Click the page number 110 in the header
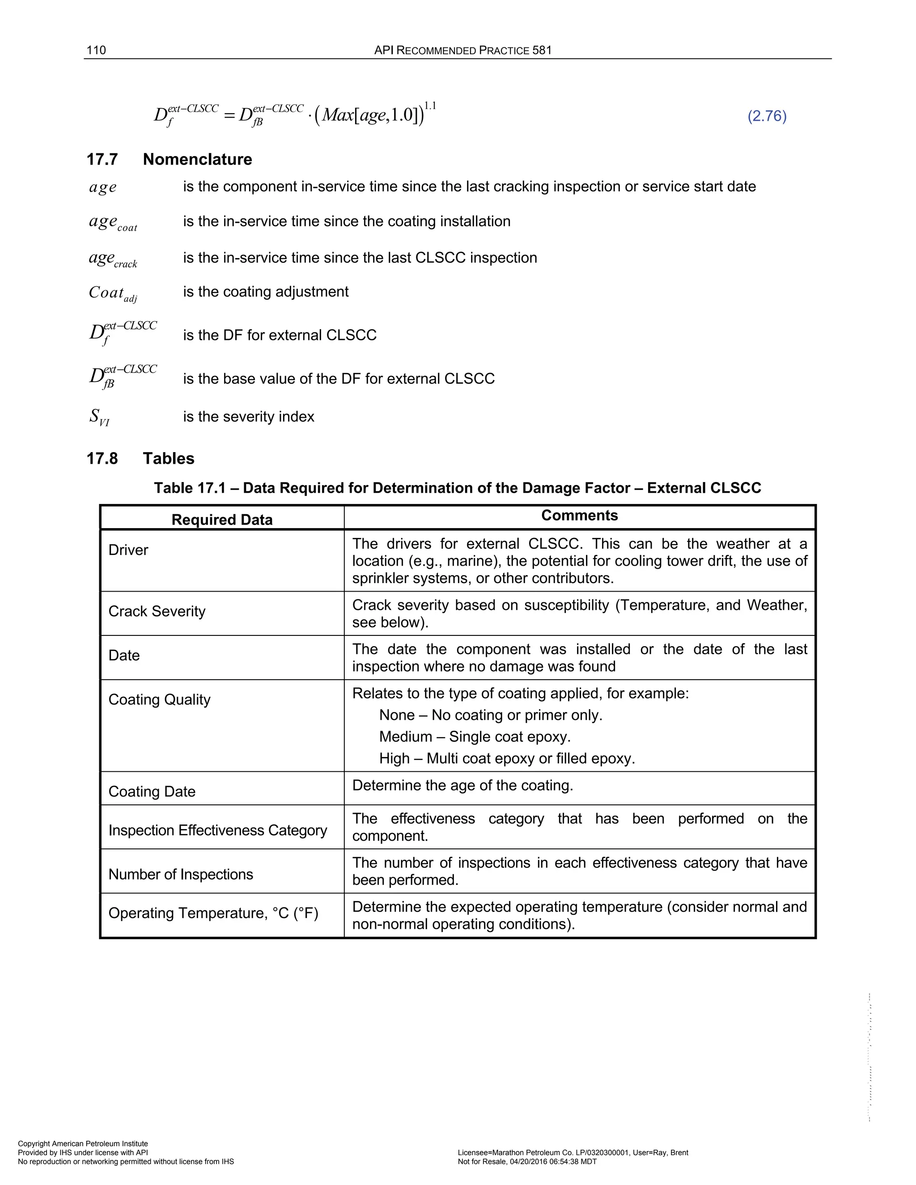(96, 51)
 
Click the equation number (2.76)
(767, 116)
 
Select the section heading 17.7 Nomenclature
(170, 160)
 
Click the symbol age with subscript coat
(113, 222)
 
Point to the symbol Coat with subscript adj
(113, 293)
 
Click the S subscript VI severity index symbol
(99, 417)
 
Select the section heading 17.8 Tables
(140, 458)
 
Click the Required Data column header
(222, 520)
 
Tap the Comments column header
(579, 516)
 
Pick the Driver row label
(128, 550)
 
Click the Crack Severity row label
(157, 611)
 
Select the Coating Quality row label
(159, 700)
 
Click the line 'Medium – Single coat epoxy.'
(475, 737)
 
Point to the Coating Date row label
(152, 791)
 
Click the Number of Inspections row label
(181, 875)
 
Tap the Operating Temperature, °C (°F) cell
(213, 913)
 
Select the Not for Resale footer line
(527, 1162)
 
